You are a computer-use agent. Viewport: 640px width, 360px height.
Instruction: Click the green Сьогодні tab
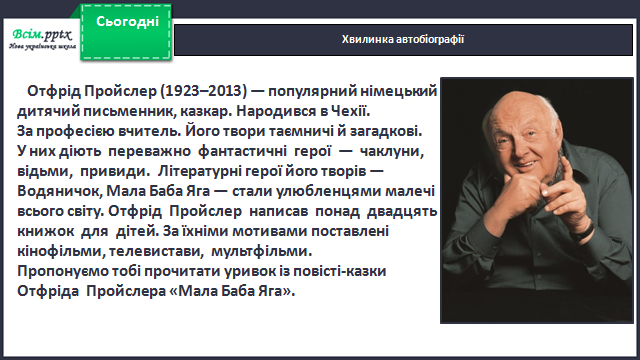[126, 32]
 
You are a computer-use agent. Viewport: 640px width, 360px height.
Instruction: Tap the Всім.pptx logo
[42, 39]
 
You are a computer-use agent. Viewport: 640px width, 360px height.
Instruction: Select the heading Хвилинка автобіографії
[403, 39]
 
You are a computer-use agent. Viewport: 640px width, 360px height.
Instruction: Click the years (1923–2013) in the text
[203, 91]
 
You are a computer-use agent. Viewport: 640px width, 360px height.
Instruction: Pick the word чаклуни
[392, 151]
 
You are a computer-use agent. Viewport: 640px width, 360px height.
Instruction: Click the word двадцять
[402, 211]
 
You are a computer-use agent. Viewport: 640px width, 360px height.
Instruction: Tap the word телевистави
[156, 251]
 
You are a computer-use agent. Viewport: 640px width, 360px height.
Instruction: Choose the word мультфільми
[262, 251]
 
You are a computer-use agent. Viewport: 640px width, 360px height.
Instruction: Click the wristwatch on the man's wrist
[584, 232]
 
